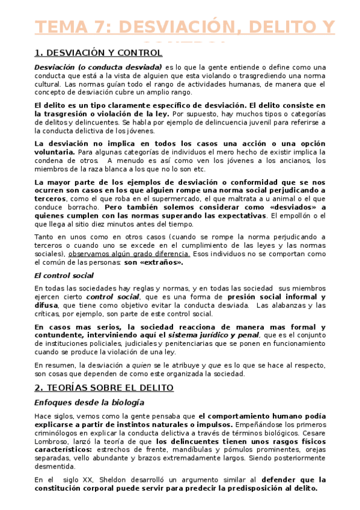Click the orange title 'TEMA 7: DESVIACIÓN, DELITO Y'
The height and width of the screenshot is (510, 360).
[185, 28]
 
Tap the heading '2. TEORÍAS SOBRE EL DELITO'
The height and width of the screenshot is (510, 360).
[104, 388]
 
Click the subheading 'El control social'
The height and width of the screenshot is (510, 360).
[63, 275]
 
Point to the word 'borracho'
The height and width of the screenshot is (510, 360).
[78, 206]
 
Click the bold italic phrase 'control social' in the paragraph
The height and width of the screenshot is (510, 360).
[112, 297]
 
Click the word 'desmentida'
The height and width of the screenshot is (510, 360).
[54, 465]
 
